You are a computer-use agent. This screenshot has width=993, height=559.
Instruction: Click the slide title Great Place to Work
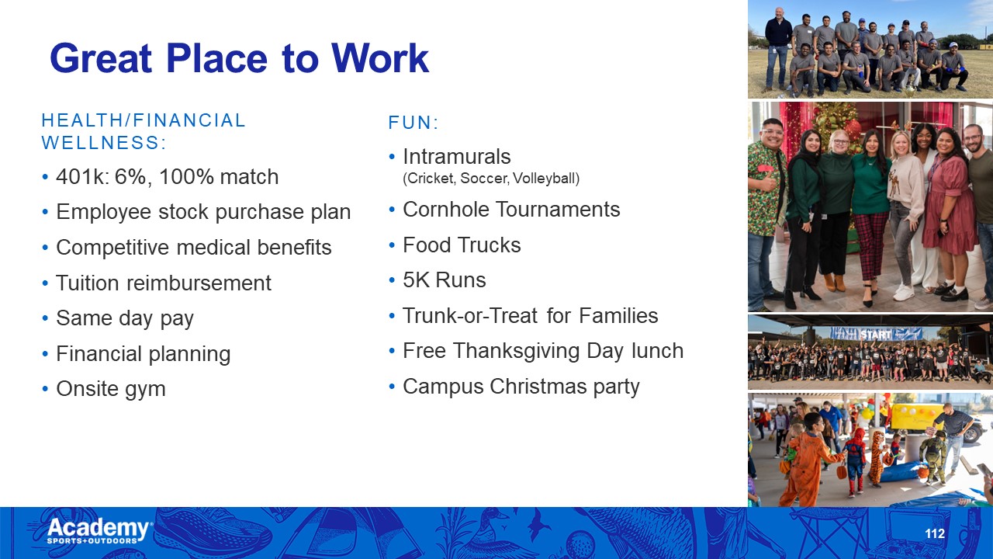[x=240, y=58]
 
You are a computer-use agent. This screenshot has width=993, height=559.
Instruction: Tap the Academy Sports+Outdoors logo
[x=99, y=530]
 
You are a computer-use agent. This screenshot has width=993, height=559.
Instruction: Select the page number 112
[x=935, y=533]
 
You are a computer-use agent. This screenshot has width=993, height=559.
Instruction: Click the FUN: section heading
[x=413, y=123]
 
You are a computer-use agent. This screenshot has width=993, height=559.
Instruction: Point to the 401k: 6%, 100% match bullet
[x=167, y=176]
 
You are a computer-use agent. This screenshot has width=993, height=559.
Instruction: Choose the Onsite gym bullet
[x=111, y=389]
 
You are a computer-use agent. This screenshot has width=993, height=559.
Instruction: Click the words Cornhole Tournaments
[x=511, y=209]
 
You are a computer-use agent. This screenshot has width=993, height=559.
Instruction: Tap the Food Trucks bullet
[x=462, y=245]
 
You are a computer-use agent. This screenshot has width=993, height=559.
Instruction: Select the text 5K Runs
[x=445, y=280]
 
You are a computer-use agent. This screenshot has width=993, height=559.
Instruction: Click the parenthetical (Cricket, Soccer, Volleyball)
[x=491, y=179]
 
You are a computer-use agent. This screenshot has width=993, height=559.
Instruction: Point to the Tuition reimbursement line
[x=164, y=283]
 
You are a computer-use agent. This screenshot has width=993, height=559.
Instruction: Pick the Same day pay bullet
[x=125, y=318]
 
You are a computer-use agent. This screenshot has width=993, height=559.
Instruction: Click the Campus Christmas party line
[x=521, y=387]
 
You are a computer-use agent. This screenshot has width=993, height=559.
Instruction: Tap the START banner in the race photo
[x=876, y=334]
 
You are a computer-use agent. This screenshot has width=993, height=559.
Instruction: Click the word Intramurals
[x=457, y=157]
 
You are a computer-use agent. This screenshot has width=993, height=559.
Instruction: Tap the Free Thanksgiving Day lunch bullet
[x=543, y=351]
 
